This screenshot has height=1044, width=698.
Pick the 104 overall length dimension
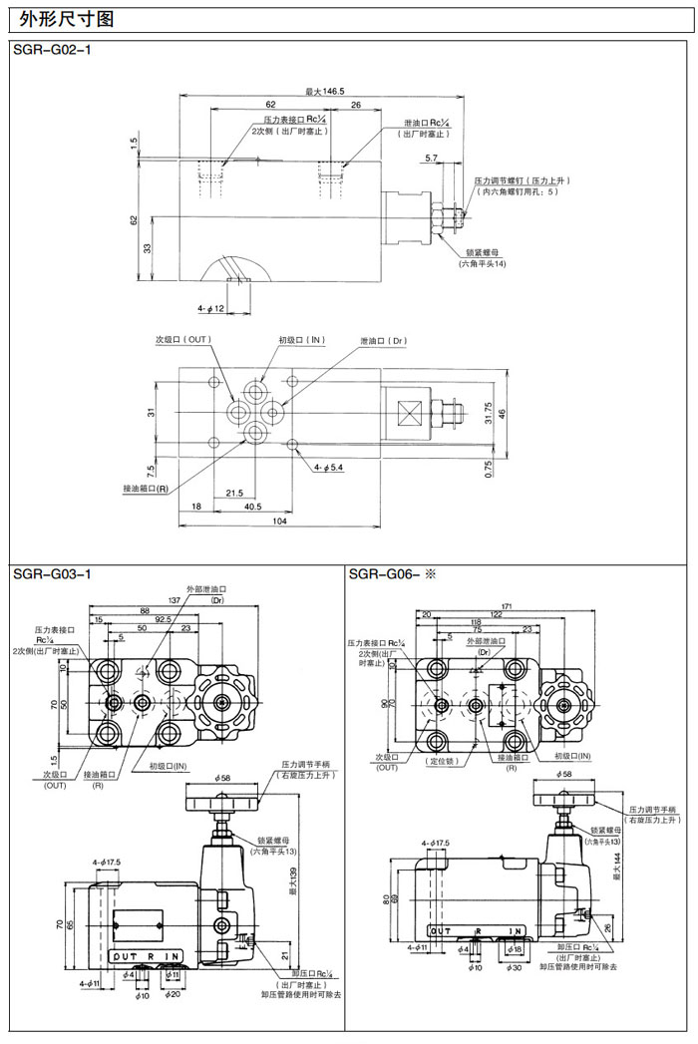tap(279, 522)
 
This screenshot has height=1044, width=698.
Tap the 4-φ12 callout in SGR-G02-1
tap(212, 308)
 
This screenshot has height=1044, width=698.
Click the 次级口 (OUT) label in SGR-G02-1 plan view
tap(182, 340)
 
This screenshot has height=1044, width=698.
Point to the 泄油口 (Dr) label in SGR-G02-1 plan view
tap(384, 341)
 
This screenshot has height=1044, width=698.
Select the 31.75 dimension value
tap(488, 411)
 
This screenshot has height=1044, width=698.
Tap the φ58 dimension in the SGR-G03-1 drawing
tap(222, 776)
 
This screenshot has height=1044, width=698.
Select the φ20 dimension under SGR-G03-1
tap(173, 994)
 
